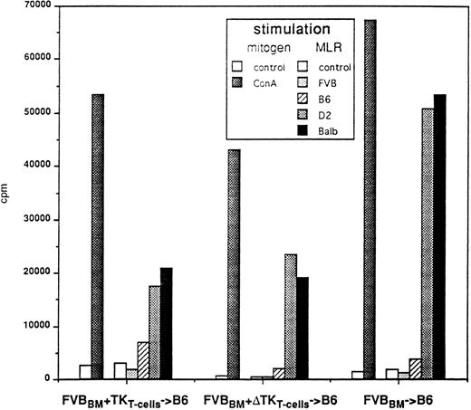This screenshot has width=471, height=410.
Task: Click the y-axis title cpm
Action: point(8,193)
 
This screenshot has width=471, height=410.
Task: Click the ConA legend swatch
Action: point(237,81)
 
